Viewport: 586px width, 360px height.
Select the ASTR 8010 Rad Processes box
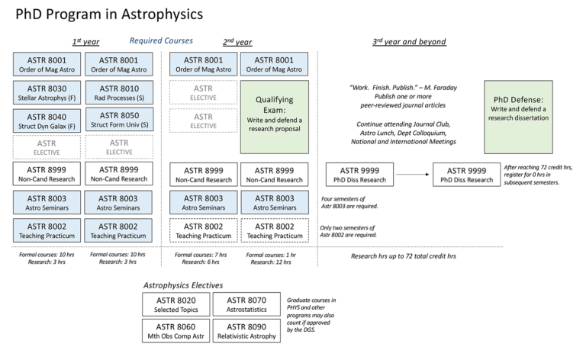tap(118, 93)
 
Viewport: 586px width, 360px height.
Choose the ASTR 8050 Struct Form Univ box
tap(118, 121)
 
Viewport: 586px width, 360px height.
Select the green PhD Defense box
tap(520, 108)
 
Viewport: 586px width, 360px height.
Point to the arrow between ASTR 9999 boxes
tap(407, 175)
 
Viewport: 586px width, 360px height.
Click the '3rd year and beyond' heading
tap(409, 41)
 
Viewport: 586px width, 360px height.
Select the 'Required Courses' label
tap(161, 40)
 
